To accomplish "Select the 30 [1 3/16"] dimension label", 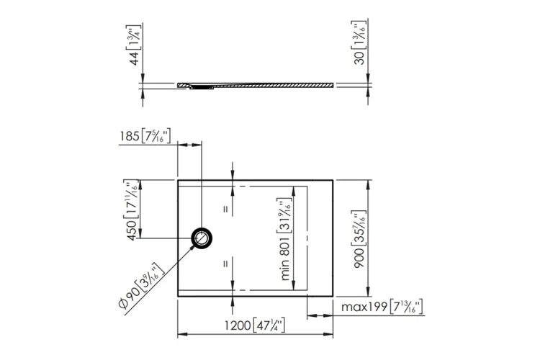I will pos(358,48).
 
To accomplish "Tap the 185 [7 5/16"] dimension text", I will pos(145,135).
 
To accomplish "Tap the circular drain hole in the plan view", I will pos(202,238).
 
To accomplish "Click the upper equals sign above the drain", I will pos(225,210).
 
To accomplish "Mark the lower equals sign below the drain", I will pos(225,263).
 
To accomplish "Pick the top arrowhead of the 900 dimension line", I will pos(368,184).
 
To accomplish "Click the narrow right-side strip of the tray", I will pos(321,238).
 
